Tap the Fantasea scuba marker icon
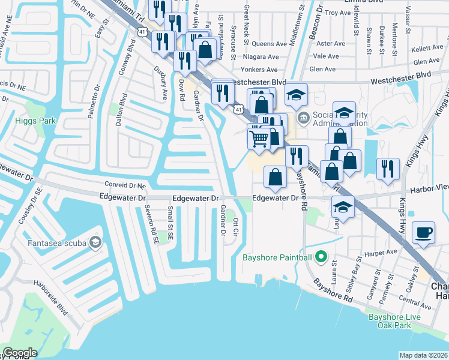click(x=95, y=242)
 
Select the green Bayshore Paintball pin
click(x=321, y=258)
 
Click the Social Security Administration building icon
click(x=303, y=116)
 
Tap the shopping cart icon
click(x=259, y=138)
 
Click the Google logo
click(x=20, y=353)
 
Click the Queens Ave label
click(x=269, y=44)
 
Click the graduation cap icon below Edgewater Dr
click(x=343, y=207)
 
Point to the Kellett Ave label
click(x=427, y=47)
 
